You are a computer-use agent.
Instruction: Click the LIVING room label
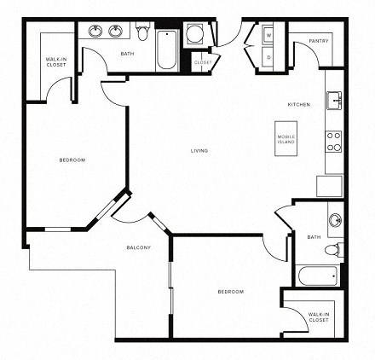(x=199, y=151)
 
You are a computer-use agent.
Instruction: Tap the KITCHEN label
(x=298, y=104)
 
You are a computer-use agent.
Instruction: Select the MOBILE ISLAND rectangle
(x=286, y=139)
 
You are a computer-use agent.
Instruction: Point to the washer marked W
(x=268, y=36)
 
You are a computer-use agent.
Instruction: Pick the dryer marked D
(x=268, y=57)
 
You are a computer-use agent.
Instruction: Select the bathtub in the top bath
(x=166, y=47)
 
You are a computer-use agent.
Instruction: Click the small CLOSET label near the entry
(x=203, y=62)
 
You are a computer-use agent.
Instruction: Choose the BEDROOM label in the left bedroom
(x=71, y=160)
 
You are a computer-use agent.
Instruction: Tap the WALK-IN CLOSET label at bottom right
(x=319, y=316)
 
